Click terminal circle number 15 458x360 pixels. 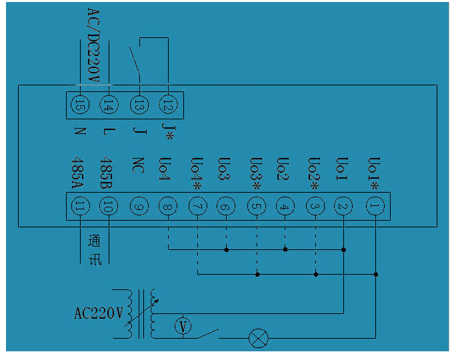click(x=80, y=105)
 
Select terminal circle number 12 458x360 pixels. click(x=168, y=105)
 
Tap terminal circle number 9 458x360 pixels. click(x=139, y=206)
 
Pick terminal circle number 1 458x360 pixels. click(x=375, y=206)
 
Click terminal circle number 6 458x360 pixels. click(x=226, y=206)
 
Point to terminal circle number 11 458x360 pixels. click(x=80, y=206)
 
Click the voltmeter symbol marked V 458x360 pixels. click(x=183, y=326)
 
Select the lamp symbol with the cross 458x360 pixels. click(x=258, y=338)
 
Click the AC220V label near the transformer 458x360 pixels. click(x=99, y=313)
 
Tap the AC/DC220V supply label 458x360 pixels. click(x=93, y=45)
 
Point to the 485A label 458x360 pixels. click(x=78, y=173)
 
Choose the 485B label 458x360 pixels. click(x=106, y=173)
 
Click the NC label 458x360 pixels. click(x=139, y=165)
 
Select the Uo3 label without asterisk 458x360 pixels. click(x=225, y=169)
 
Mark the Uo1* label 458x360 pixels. click(x=374, y=173)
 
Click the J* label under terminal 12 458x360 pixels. click(x=169, y=131)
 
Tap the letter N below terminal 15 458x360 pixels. click(x=80, y=131)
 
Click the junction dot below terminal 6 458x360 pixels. click(x=227, y=250)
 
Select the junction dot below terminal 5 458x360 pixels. click(x=257, y=275)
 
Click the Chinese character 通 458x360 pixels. click(x=95, y=241)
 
